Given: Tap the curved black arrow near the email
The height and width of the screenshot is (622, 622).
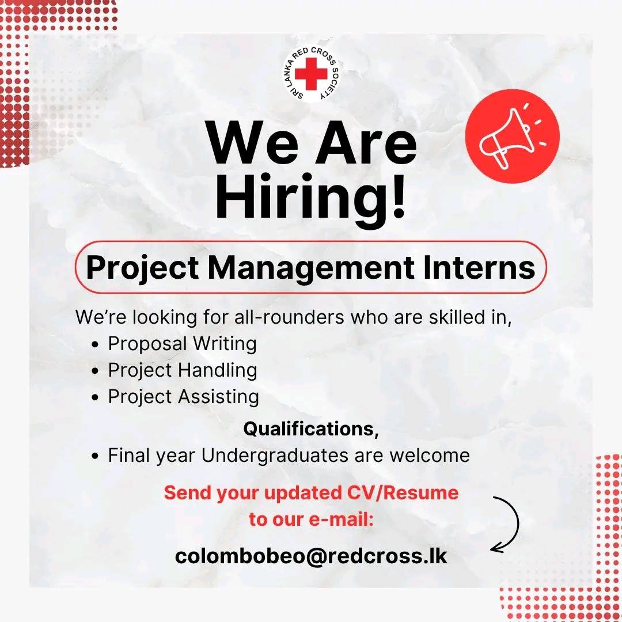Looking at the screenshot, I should coord(507,524).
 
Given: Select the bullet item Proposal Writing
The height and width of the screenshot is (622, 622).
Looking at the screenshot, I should coord(182,344).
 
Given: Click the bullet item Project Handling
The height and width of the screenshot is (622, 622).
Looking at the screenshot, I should coord(182,370).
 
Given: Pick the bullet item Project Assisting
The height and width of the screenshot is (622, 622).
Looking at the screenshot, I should coord(183,397).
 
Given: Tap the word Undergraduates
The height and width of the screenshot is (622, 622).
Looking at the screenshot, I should coord(275,456).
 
